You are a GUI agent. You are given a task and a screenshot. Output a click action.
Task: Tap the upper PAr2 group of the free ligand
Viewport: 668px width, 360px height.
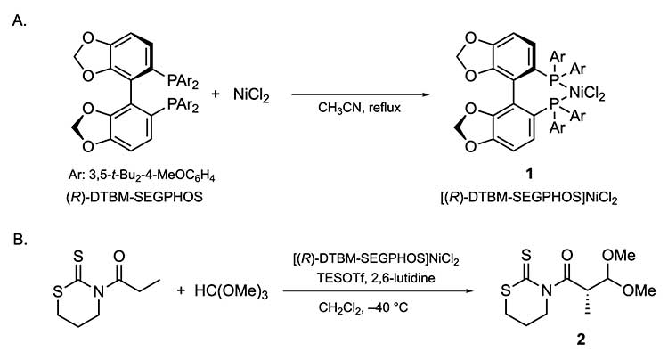[x=186, y=79]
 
